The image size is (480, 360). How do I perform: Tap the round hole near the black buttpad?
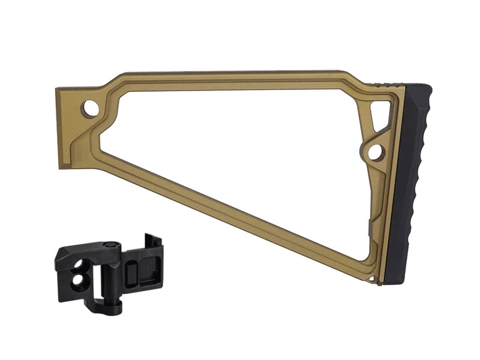click(375, 151)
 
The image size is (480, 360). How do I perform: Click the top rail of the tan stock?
click(240, 76)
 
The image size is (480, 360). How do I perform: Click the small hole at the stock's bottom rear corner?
click(374, 280)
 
